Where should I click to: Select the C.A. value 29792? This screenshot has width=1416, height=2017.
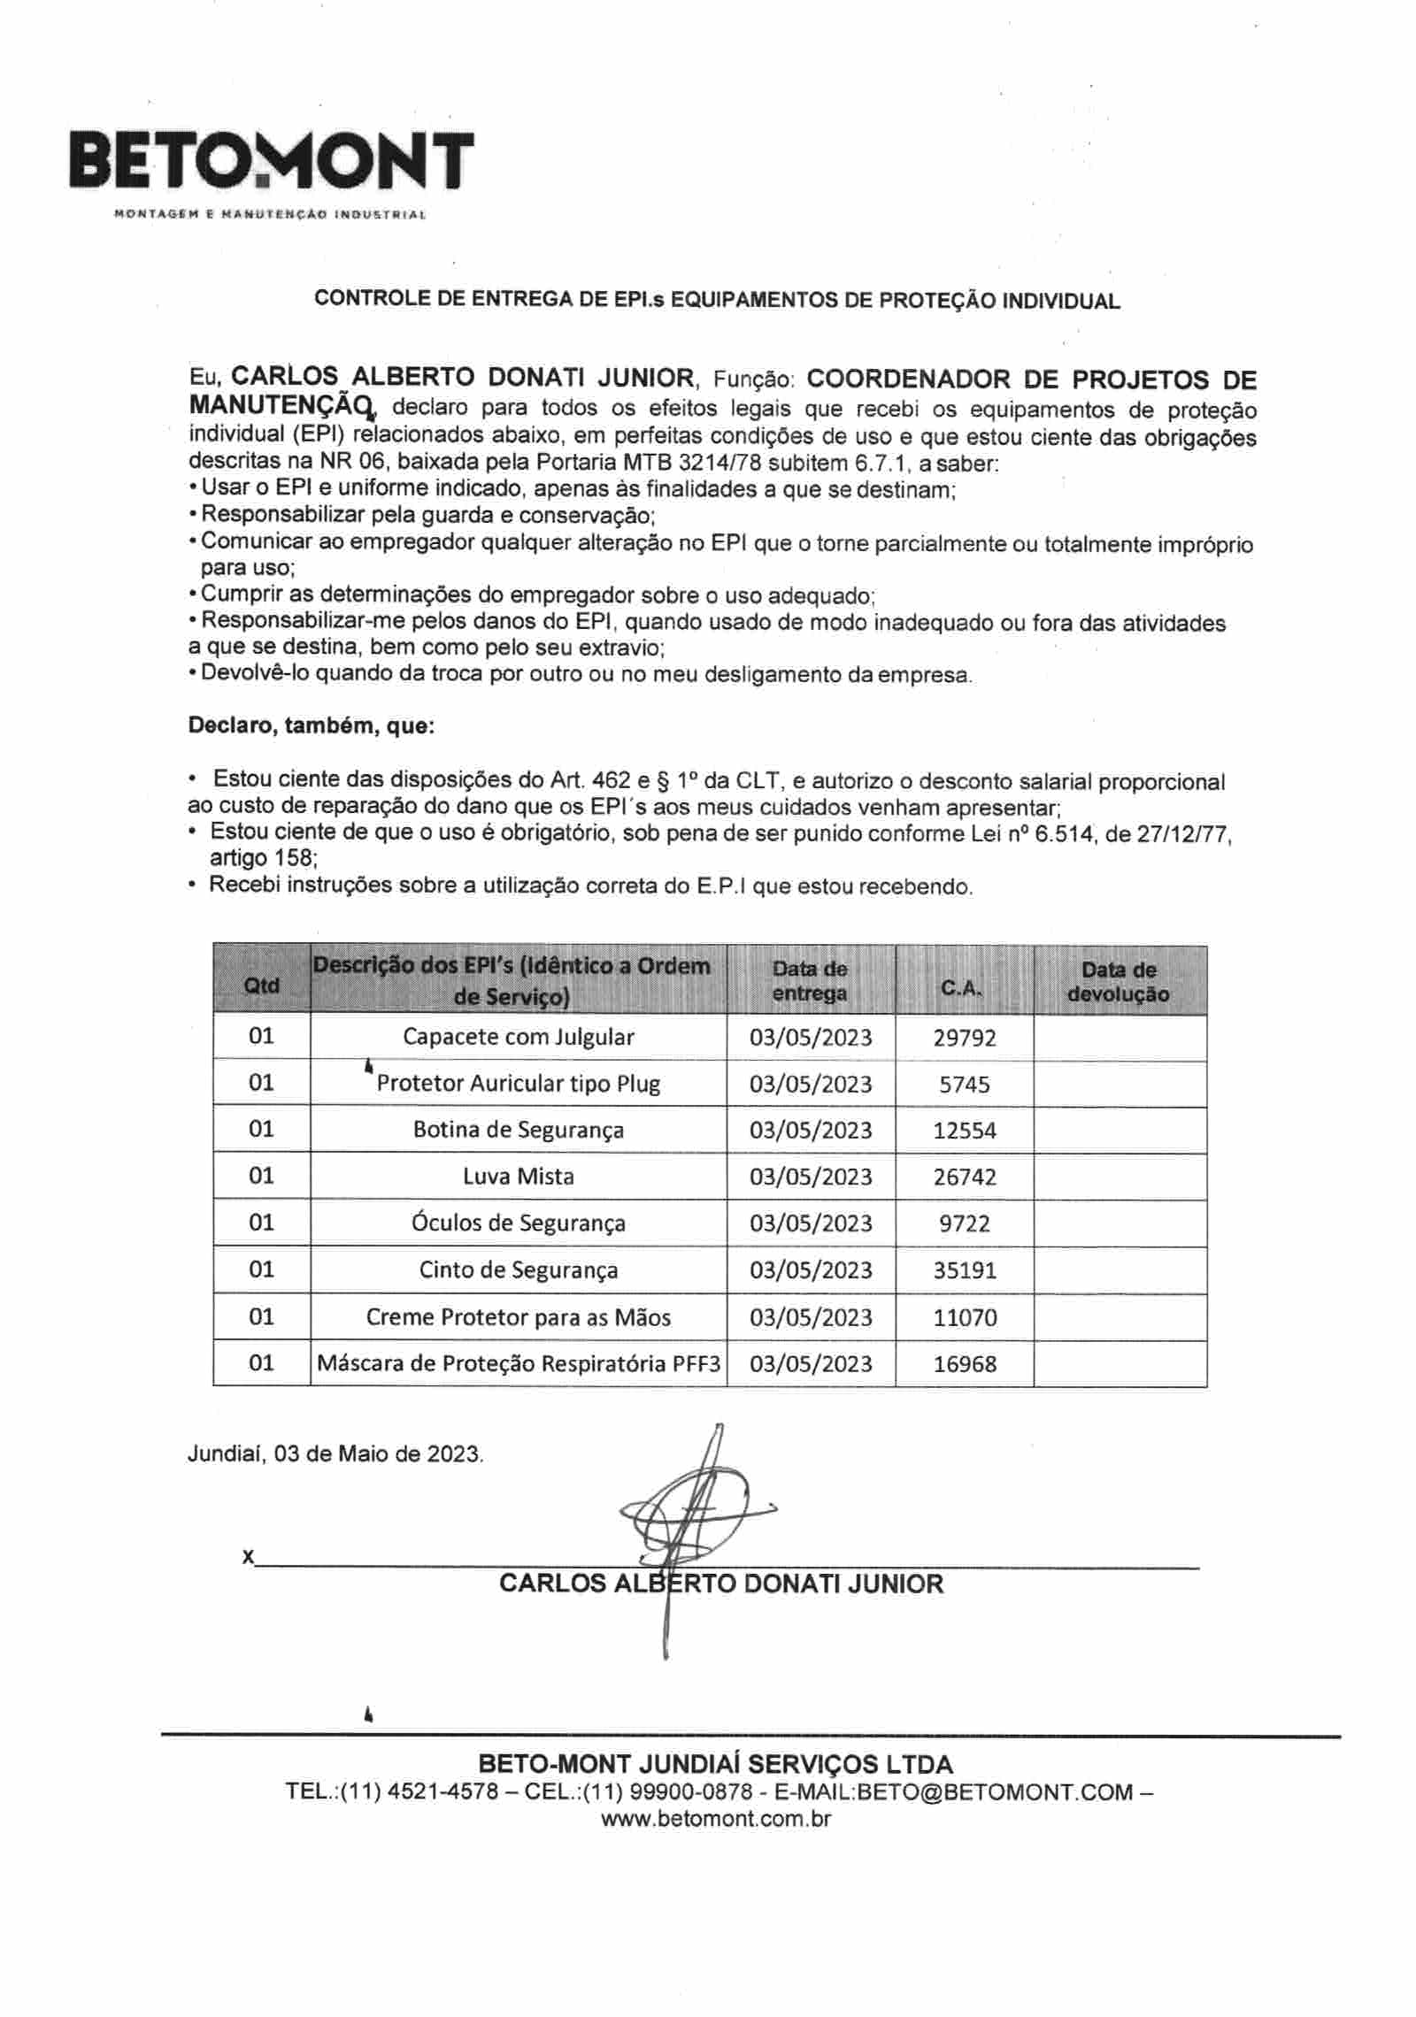click(964, 1037)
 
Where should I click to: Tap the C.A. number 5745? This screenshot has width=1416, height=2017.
click(964, 1084)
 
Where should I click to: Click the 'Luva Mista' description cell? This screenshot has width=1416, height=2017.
click(519, 1176)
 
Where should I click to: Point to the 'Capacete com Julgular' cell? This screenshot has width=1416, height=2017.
click(519, 1037)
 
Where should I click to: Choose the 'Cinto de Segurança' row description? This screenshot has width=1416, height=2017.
click(519, 1269)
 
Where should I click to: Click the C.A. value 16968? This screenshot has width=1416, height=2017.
click(964, 1363)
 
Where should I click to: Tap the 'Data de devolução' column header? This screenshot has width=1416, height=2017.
click(1119, 981)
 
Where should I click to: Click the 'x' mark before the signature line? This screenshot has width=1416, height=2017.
click(248, 1556)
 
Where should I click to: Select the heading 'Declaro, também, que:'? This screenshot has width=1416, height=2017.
click(311, 727)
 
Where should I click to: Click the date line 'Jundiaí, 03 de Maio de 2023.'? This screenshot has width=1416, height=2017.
click(335, 1453)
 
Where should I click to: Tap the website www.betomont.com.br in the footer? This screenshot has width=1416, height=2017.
click(716, 1819)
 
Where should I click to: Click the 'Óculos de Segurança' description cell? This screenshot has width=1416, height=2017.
click(519, 1223)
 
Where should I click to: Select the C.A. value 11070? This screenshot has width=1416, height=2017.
click(964, 1317)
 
